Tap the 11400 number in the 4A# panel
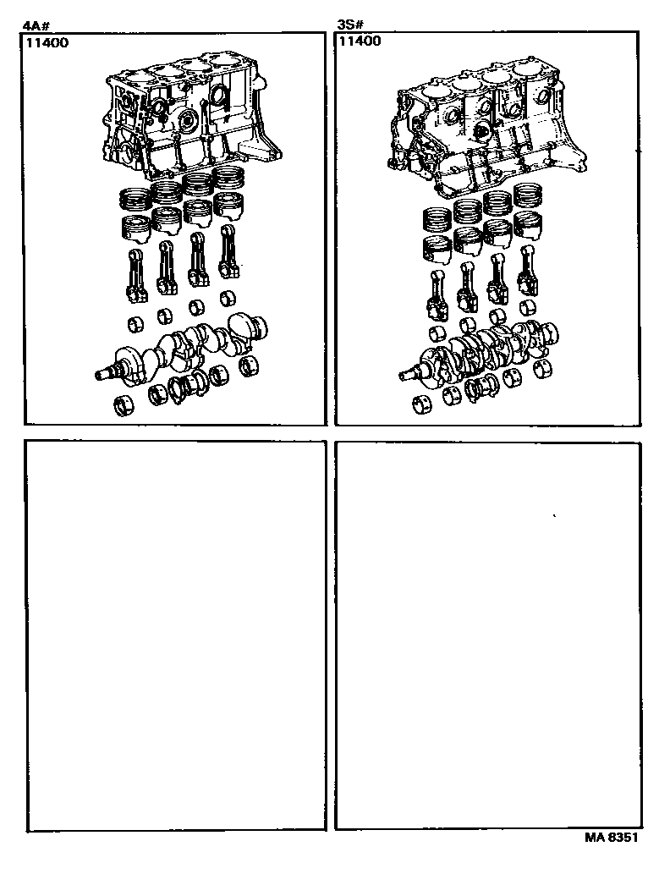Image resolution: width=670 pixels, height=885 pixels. [47, 43]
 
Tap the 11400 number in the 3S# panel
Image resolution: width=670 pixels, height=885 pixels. [360, 41]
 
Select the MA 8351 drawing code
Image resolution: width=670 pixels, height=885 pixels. [612, 837]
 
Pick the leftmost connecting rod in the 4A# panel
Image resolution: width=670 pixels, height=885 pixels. [135, 276]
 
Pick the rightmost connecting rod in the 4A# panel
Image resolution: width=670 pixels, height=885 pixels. [228, 252]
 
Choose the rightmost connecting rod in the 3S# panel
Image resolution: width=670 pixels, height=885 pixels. [529, 271]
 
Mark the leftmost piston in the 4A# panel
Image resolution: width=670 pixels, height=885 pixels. [136, 228]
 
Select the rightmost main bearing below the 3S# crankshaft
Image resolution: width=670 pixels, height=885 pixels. [542, 369]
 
